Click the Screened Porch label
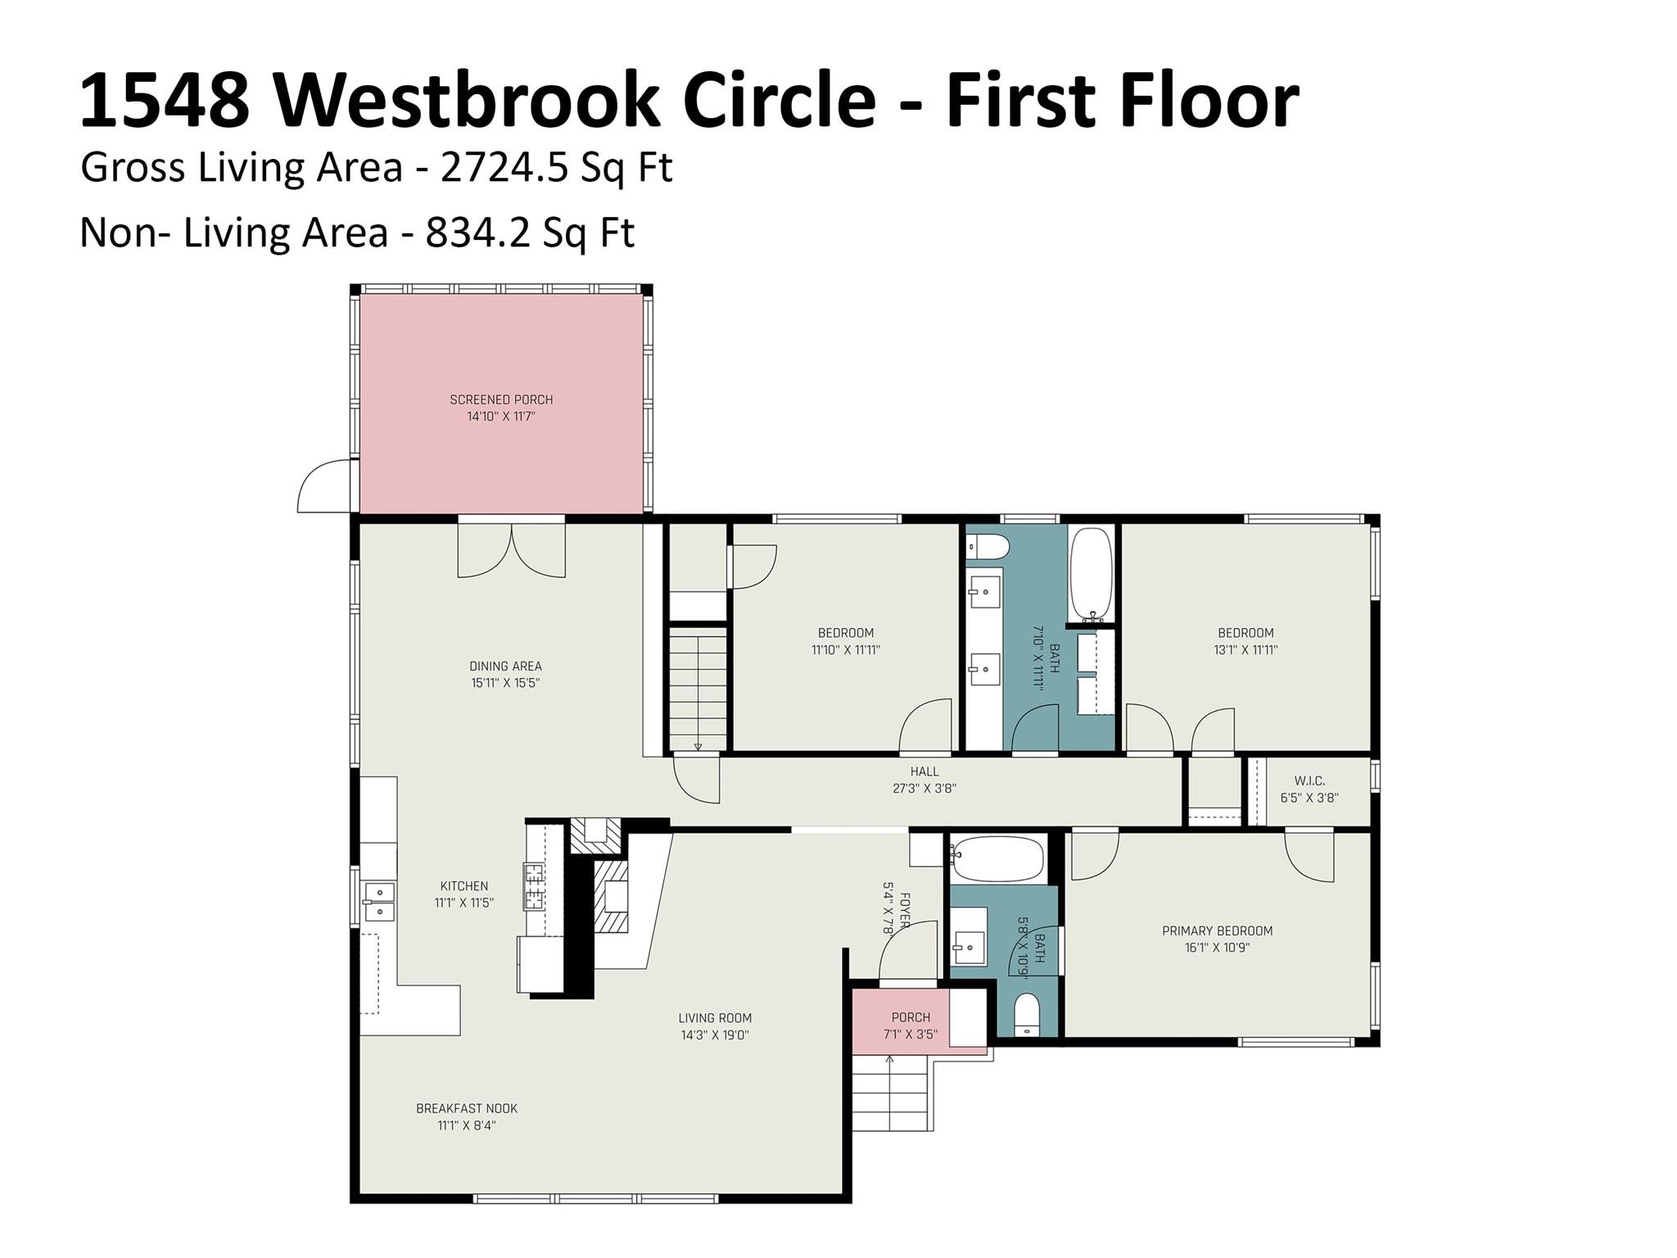point(501,400)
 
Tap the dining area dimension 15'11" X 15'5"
point(505,683)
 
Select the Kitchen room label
point(464,886)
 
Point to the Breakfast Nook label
point(467,1109)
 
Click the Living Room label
point(715,1018)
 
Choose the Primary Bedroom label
point(1218,931)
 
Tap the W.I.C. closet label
point(1310,781)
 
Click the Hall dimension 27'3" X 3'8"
point(924,789)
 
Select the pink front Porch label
point(911,1017)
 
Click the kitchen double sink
point(379,901)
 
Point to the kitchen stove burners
point(534,887)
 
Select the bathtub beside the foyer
point(997,859)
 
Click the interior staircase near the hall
point(698,689)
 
